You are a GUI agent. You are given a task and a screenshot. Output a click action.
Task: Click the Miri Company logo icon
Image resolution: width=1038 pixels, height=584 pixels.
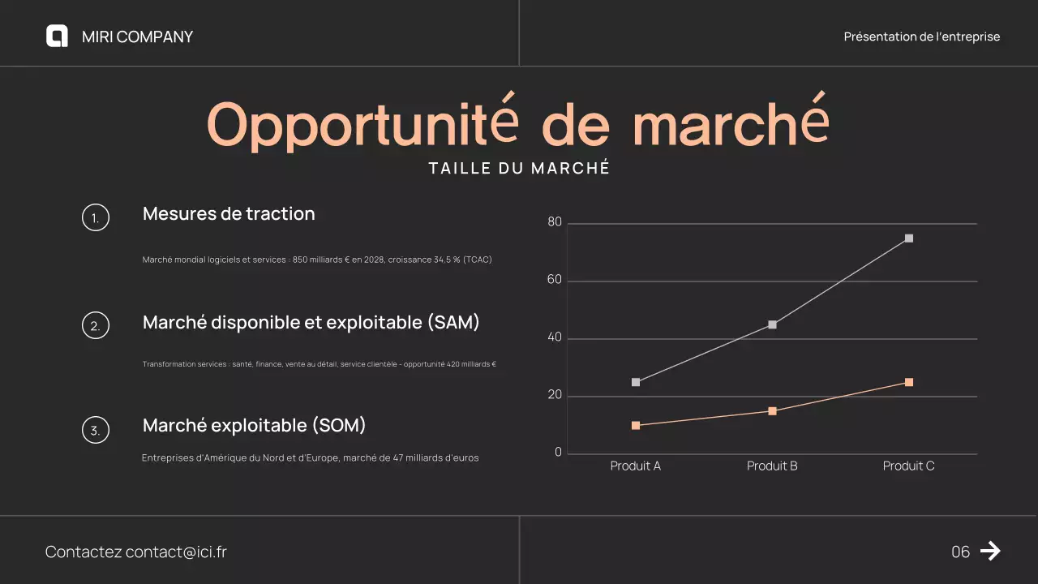[x=57, y=36]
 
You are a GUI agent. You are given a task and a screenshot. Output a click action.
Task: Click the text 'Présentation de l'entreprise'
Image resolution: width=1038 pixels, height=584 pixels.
[x=921, y=36]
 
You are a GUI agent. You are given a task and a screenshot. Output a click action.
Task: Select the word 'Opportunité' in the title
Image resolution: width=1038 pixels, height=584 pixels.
[x=362, y=125]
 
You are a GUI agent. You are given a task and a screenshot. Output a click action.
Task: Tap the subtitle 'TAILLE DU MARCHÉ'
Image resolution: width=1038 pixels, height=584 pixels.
[x=519, y=169]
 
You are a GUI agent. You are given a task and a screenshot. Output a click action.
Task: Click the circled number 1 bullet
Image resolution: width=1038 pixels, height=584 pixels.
[x=96, y=217]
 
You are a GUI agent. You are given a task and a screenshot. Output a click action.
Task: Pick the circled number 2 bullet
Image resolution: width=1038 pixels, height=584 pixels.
[x=96, y=325]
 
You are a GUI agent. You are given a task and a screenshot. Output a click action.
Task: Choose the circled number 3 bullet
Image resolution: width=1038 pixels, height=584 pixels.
[x=96, y=430]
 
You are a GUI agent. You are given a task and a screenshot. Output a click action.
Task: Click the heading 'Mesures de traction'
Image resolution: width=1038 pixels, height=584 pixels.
[x=229, y=214]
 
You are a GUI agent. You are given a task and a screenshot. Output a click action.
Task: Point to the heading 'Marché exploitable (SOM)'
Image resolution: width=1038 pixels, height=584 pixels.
[x=255, y=425]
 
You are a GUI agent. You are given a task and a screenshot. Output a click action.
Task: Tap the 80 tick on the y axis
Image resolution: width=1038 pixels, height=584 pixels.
[x=555, y=222]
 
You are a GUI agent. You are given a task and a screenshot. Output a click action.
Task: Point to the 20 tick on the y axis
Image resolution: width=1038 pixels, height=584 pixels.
[x=555, y=396]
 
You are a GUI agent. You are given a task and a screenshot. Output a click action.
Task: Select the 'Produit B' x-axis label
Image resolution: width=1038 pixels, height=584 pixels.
[x=772, y=466]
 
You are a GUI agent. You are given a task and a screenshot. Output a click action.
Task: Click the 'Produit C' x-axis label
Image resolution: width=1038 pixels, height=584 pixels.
[x=908, y=466]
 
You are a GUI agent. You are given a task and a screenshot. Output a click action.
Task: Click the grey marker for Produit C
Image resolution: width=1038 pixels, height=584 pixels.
[x=909, y=238]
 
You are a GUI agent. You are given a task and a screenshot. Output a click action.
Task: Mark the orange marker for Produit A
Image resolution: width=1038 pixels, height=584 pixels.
[x=636, y=425]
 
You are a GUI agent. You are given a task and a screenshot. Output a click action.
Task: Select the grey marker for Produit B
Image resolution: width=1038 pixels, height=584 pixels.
[x=772, y=324]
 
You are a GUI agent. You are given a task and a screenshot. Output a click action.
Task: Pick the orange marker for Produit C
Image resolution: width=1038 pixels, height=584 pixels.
[x=909, y=382]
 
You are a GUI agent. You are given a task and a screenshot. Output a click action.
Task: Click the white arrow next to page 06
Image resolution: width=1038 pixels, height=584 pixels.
[x=990, y=552]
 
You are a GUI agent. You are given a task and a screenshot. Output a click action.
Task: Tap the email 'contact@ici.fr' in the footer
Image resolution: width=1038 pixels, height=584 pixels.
[x=176, y=552]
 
